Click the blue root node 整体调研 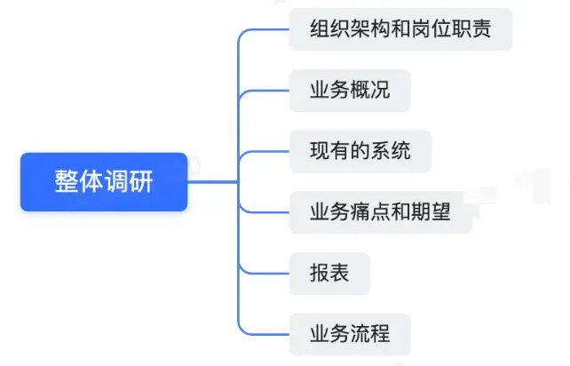click(x=104, y=182)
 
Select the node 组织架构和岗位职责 click(x=400, y=29)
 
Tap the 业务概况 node click(x=350, y=91)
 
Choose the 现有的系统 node click(x=360, y=151)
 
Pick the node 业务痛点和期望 click(x=381, y=212)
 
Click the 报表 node click(x=329, y=274)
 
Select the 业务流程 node click(x=350, y=334)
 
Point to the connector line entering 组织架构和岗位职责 click(x=255, y=29)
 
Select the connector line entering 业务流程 click(x=255, y=334)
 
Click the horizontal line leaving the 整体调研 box click(x=213, y=181)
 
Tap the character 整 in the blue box click(x=66, y=181)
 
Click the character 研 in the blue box click(x=141, y=181)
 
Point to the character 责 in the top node click(x=481, y=28)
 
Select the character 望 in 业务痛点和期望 click(x=440, y=211)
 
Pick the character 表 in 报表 click(x=339, y=273)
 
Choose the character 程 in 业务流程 click(x=380, y=334)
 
